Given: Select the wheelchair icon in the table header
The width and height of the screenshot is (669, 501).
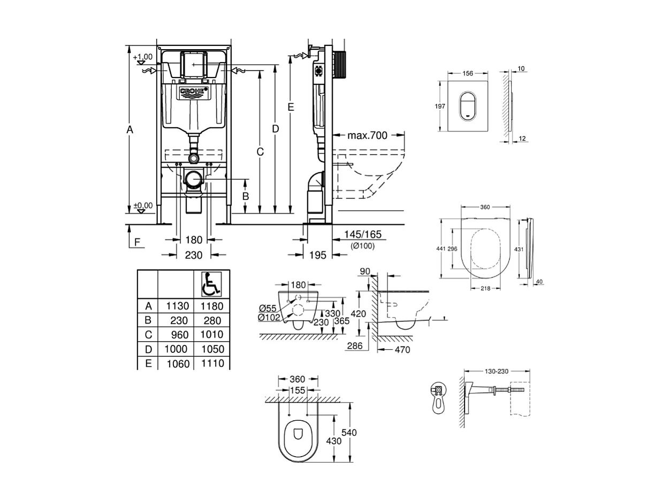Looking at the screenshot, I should (x=211, y=284).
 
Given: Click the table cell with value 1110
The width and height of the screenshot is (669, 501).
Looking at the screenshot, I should (x=211, y=364).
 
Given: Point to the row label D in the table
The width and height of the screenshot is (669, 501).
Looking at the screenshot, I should (x=148, y=349).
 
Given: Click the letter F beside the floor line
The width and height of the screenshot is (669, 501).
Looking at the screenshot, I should (x=138, y=242).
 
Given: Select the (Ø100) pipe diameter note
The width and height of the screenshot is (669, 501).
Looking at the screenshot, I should (x=362, y=246).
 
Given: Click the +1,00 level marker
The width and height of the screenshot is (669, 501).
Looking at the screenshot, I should (x=142, y=57).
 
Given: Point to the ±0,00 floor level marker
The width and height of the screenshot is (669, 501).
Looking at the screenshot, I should (x=142, y=205).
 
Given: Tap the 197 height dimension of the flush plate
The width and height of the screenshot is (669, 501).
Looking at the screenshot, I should (x=439, y=106).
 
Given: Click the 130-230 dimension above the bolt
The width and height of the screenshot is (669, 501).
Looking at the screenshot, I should (x=497, y=371).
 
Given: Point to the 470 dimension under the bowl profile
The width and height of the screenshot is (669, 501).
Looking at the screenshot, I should (x=402, y=350).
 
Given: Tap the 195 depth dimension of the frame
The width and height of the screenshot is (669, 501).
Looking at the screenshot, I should (x=318, y=256).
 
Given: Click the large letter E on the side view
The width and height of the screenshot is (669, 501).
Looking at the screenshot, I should (x=291, y=107).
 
